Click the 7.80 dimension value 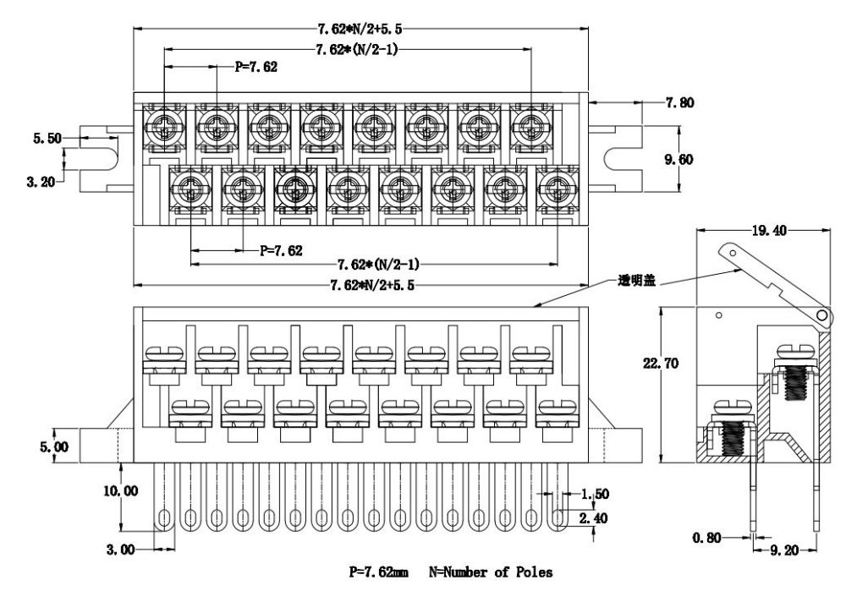(x=678, y=103)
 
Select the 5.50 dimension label (x=47, y=139)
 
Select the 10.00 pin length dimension (x=118, y=490)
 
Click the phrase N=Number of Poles (x=492, y=573)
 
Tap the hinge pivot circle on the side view (x=820, y=315)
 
